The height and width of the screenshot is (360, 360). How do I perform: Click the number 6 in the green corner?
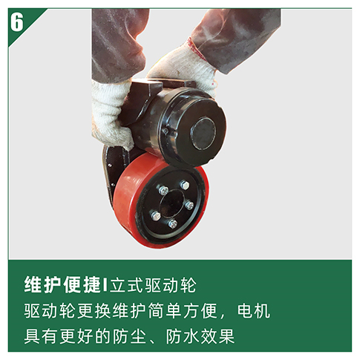point(16,22)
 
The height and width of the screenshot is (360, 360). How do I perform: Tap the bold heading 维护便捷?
point(62,285)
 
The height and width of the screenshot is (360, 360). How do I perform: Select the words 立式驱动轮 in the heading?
point(153,285)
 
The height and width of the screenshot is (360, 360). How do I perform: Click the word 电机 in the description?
point(253,311)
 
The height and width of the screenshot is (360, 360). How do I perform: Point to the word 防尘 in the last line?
point(129,336)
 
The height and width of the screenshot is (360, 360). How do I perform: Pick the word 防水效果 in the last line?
point(200,336)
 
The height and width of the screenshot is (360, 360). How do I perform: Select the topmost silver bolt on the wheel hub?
point(185,186)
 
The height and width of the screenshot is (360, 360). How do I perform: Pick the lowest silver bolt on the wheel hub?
point(172,224)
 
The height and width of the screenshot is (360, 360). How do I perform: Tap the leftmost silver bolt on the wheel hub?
point(156,216)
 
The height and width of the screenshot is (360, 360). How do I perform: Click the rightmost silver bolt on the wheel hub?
point(189,205)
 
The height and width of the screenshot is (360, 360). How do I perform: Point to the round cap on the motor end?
point(203,134)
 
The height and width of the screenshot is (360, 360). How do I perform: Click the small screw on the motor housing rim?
point(166,131)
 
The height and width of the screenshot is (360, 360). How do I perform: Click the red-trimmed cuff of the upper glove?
point(197,49)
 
